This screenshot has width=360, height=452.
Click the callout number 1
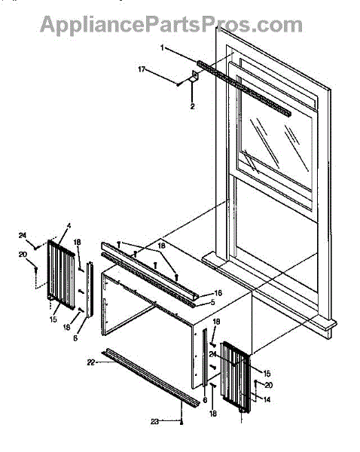pyautogui.click(x=162, y=47)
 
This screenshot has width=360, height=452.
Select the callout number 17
pyautogui.click(x=142, y=69)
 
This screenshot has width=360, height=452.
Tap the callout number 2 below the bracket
pyautogui.click(x=192, y=106)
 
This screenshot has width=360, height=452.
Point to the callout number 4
pyautogui.click(x=69, y=226)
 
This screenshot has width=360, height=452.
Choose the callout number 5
pyautogui.click(x=212, y=303)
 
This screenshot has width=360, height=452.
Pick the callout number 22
pyautogui.click(x=91, y=362)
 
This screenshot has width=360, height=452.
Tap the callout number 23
pyautogui.click(x=155, y=421)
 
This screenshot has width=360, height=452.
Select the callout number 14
pyautogui.click(x=267, y=399)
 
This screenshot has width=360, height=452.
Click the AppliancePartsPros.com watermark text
pyautogui.click(x=171, y=24)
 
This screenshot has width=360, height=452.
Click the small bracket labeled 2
pyautogui.click(x=195, y=77)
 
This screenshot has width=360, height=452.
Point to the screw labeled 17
pyautogui.click(x=178, y=84)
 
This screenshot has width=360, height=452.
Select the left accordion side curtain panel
pyautogui.click(x=61, y=275)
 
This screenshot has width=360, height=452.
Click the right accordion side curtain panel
pyautogui.click(x=235, y=377)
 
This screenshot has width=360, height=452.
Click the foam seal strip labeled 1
pyautogui.click(x=244, y=88)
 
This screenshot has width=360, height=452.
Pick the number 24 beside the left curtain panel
pyautogui.click(x=23, y=236)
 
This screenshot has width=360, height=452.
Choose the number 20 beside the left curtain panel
pyautogui.click(x=23, y=255)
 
